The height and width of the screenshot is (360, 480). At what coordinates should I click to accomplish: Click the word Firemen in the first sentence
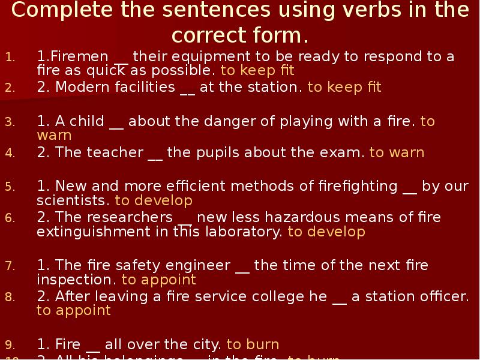tap(81, 57)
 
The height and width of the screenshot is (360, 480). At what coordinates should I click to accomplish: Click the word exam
tap(344, 152)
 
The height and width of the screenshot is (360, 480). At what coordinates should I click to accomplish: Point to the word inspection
tap(77, 280)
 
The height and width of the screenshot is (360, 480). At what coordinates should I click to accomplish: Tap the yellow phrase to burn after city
tap(253, 344)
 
